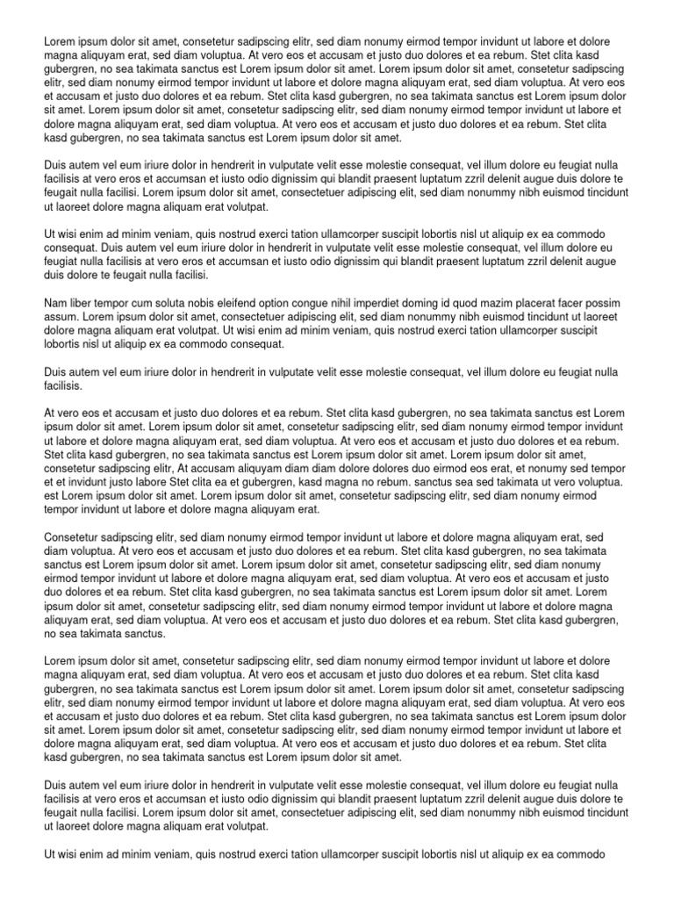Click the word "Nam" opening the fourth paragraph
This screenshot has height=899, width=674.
click(55, 304)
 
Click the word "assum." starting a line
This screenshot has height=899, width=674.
click(61, 317)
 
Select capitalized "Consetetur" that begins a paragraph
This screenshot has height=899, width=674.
click(75, 537)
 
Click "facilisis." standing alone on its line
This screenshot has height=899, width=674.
click(63, 385)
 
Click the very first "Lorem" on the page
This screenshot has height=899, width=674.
click(60, 42)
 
